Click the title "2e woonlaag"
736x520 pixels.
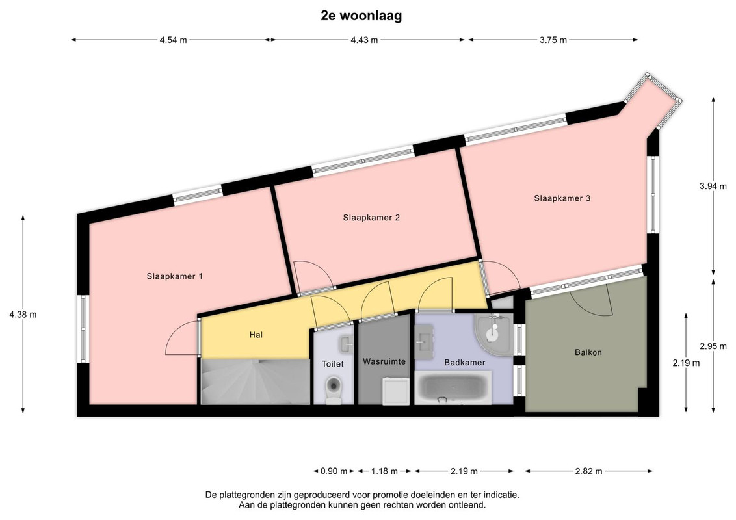[361, 16]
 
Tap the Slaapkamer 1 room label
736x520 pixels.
[175, 276]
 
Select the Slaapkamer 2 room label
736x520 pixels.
[371, 218]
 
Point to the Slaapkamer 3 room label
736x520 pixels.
[562, 198]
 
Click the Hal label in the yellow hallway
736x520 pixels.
[256, 335]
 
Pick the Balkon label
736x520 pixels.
[588, 352]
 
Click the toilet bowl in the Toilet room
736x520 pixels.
[334, 389]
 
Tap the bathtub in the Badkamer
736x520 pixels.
[453, 387]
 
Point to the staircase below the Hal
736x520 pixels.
[256, 381]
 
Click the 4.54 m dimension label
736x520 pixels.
[173, 40]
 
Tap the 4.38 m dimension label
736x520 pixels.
[23, 315]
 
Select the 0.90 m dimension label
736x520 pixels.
[334, 471]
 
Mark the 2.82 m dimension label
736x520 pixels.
[588, 471]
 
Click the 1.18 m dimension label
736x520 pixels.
[384, 471]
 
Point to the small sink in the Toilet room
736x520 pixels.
[347, 344]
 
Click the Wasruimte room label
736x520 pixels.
[384, 362]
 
